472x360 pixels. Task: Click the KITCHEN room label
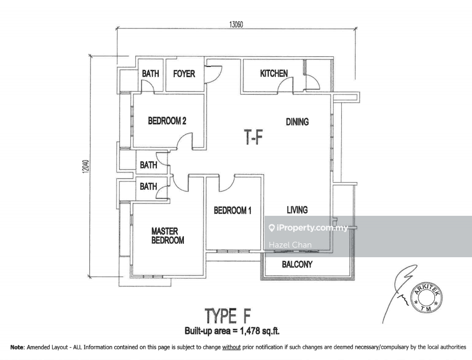click(x=274, y=73)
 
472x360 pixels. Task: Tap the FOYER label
click(x=184, y=74)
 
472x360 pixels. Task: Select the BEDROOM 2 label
click(x=167, y=121)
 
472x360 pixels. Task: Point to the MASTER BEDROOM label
click(x=168, y=236)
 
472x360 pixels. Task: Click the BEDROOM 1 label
click(x=232, y=210)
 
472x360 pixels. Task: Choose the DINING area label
click(x=297, y=122)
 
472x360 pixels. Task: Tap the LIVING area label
click(x=297, y=210)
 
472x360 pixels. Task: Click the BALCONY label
click(x=297, y=264)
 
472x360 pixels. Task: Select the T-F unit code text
click(x=253, y=137)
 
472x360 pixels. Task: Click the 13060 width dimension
click(x=236, y=25)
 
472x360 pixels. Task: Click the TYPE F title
click(x=228, y=316)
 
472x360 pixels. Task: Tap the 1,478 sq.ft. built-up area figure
click(x=260, y=331)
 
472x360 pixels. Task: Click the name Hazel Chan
click(x=290, y=245)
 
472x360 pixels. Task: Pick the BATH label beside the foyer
click(x=151, y=74)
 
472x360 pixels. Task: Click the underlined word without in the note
click(x=231, y=347)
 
